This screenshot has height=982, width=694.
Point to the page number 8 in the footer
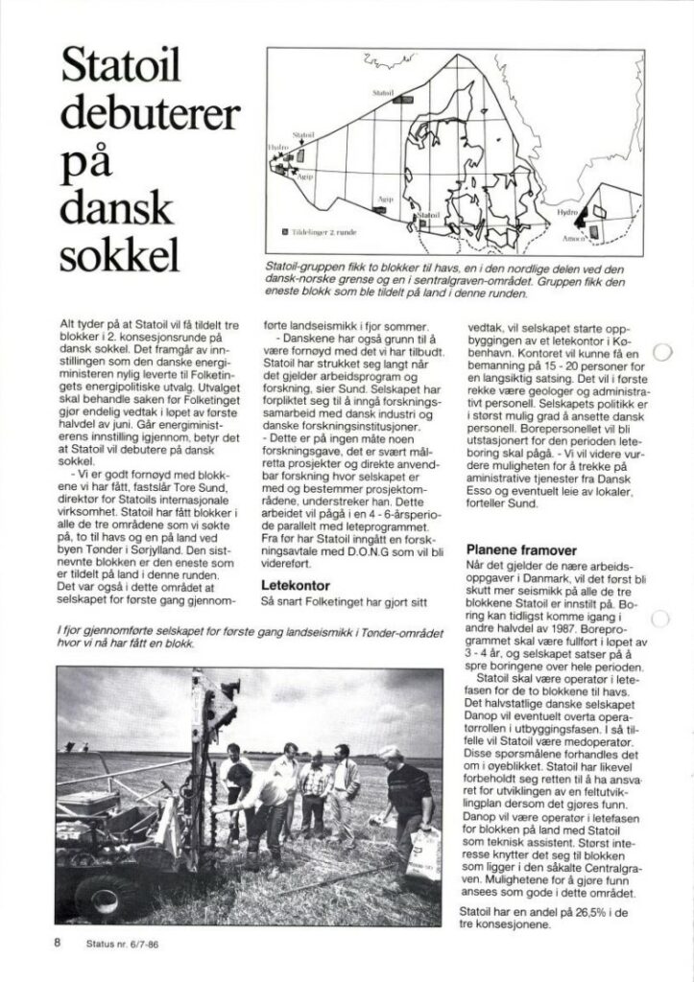point(57,942)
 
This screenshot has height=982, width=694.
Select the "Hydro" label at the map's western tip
point(279,141)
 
